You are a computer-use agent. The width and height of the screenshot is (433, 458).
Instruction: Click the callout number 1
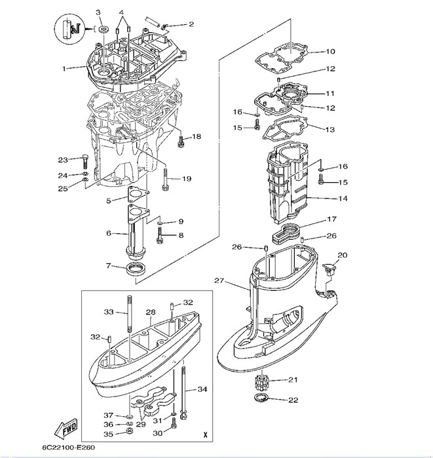coord(64,68)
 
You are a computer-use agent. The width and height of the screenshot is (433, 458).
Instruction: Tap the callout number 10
coord(329,51)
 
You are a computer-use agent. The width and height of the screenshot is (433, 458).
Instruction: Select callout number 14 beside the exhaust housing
coord(342,198)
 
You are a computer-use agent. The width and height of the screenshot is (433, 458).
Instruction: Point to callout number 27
coord(218,280)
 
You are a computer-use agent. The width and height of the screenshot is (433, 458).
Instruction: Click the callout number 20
coord(342,255)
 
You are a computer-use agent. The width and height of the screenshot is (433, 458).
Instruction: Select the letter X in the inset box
coord(205,434)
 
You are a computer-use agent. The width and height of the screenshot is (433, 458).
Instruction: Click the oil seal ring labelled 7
coord(136,268)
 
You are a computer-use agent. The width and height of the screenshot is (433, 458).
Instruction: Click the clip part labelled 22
coord(260,400)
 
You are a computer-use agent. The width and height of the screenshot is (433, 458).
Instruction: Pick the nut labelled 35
coord(130,433)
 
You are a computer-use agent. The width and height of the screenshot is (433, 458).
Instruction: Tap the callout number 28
coord(150,312)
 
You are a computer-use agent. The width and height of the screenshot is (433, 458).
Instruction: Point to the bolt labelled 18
coord(180,138)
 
